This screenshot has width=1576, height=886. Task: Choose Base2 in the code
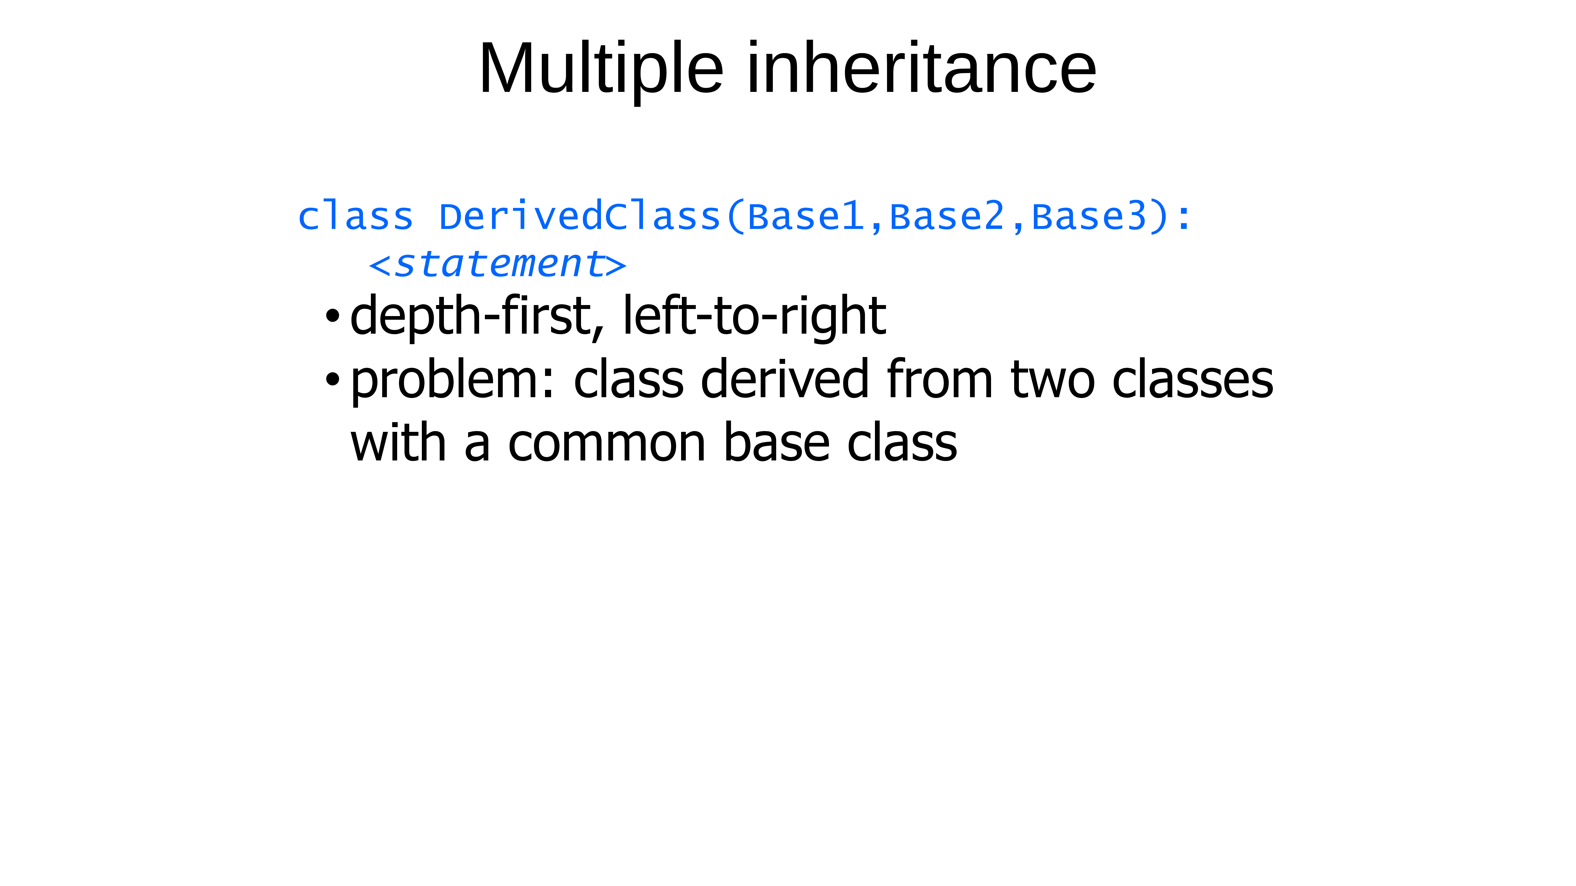click(947, 217)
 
